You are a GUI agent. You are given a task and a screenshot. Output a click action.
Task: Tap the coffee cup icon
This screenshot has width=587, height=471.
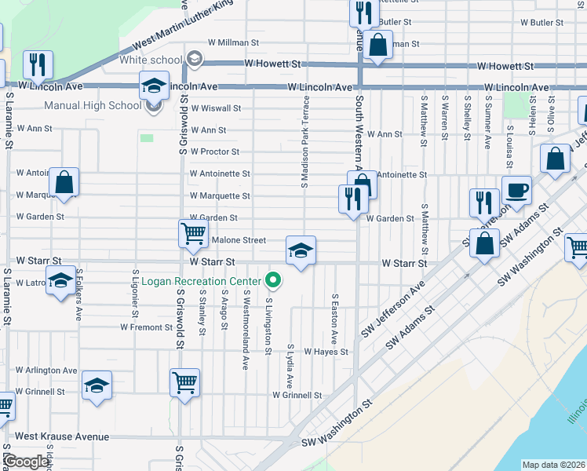516,191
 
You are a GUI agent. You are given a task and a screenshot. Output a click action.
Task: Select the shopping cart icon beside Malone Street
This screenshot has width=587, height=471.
193,233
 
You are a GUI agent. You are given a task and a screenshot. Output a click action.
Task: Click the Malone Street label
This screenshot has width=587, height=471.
239,240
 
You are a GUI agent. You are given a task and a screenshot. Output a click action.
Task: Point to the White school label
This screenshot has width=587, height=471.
151,60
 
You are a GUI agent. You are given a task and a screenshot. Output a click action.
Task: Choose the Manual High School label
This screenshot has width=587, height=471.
93,105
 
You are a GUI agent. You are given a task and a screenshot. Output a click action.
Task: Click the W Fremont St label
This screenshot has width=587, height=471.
146,327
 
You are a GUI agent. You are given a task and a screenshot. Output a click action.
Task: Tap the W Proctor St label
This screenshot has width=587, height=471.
214,152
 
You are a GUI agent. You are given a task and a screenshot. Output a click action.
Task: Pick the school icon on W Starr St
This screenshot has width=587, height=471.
301,250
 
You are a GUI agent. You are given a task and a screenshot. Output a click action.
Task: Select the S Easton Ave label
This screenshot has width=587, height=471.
334,319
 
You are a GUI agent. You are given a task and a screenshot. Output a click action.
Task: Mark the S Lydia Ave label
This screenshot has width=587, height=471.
290,366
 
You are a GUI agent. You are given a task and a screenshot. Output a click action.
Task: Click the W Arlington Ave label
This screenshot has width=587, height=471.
46,371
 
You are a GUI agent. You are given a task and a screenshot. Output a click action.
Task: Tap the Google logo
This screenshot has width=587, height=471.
26,462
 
